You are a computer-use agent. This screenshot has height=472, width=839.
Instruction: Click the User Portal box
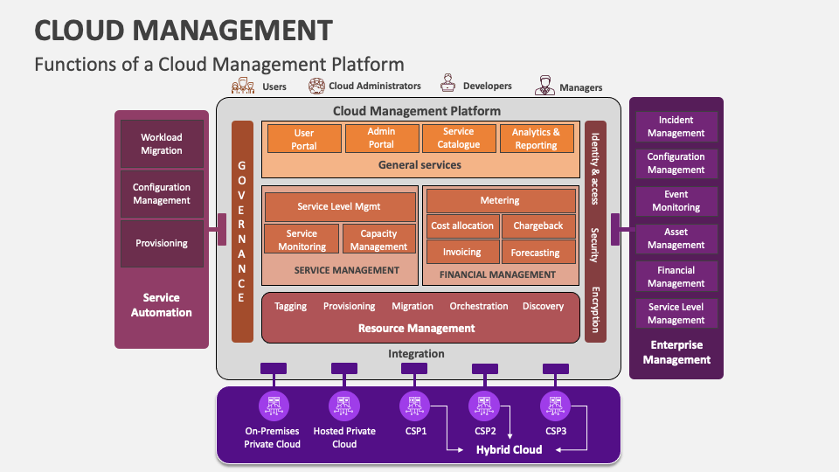303,139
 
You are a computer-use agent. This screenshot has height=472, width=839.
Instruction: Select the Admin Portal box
381,138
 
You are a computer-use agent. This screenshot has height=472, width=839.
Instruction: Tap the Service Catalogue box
458,138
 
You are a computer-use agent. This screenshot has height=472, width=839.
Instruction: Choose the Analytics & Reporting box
536,138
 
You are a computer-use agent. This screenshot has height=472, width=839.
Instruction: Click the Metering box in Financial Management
500,200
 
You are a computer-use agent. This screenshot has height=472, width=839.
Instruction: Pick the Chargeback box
538,226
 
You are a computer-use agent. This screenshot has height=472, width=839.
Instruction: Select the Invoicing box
461,252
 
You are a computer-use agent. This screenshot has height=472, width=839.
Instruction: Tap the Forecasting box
538,252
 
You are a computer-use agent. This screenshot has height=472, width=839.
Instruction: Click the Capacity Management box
378,239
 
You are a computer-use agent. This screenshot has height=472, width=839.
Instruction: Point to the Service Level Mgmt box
340,207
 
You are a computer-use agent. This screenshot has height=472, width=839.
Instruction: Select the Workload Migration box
162,143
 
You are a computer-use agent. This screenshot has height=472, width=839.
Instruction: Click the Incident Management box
676,127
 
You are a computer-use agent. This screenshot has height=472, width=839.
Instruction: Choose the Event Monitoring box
676,201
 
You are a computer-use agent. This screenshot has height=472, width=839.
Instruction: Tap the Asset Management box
676,239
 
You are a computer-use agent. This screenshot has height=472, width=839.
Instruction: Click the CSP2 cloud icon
485,406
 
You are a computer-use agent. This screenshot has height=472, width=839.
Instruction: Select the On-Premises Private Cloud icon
273,406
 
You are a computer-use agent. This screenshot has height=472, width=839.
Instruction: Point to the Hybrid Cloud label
509,449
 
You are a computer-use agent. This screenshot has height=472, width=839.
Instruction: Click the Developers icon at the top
448,85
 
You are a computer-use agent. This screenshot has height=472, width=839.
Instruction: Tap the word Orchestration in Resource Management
478,306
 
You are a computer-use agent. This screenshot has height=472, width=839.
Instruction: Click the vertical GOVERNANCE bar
242,232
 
